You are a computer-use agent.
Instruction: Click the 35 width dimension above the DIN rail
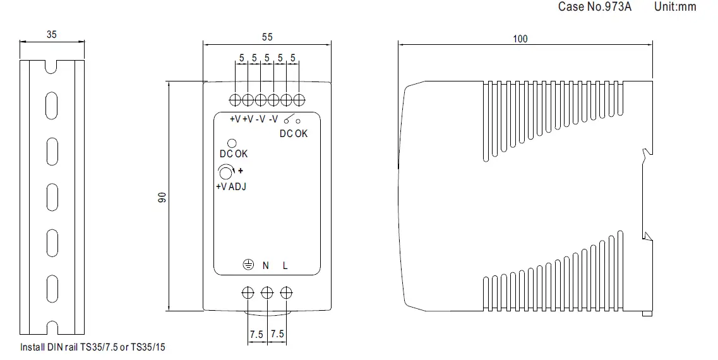(52, 35)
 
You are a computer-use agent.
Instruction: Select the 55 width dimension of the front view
(267, 38)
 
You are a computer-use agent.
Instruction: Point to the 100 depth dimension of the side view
(520, 39)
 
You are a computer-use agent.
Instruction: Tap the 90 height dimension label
(161, 198)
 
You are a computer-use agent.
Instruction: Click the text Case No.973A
(595, 7)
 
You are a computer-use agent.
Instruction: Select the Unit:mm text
(675, 7)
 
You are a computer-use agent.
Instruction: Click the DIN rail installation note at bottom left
(93, 347)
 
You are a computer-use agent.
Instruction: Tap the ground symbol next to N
(248, 265)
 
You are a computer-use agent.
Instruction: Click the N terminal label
(266, 266)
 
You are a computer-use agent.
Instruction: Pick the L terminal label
(285, 266)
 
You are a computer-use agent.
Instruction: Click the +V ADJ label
(230, 186)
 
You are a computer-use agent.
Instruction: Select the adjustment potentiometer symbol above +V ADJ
(225, 172)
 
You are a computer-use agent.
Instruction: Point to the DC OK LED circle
(232, 143)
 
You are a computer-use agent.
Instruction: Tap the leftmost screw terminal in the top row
(235, 100)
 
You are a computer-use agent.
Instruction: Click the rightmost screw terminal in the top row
(300, 100)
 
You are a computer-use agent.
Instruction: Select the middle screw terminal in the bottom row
(267, 292)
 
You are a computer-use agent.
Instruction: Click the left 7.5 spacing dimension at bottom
(256, 334)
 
